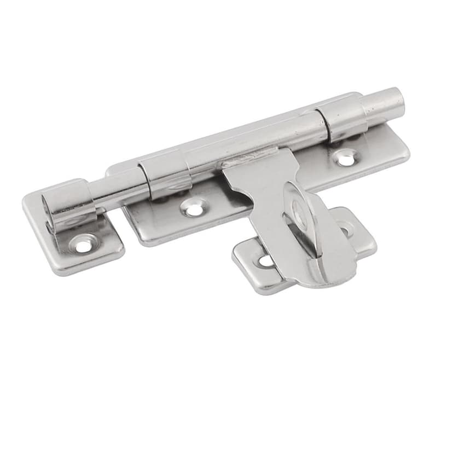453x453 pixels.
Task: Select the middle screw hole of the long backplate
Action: coord(193,208)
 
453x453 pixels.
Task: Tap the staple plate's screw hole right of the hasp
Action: coord(345,229)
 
